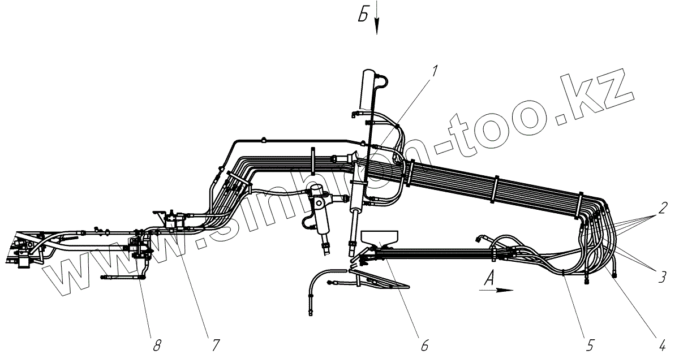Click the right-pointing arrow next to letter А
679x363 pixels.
click(x=498, y=290)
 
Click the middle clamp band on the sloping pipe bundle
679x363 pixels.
click(x=496, y=191)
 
